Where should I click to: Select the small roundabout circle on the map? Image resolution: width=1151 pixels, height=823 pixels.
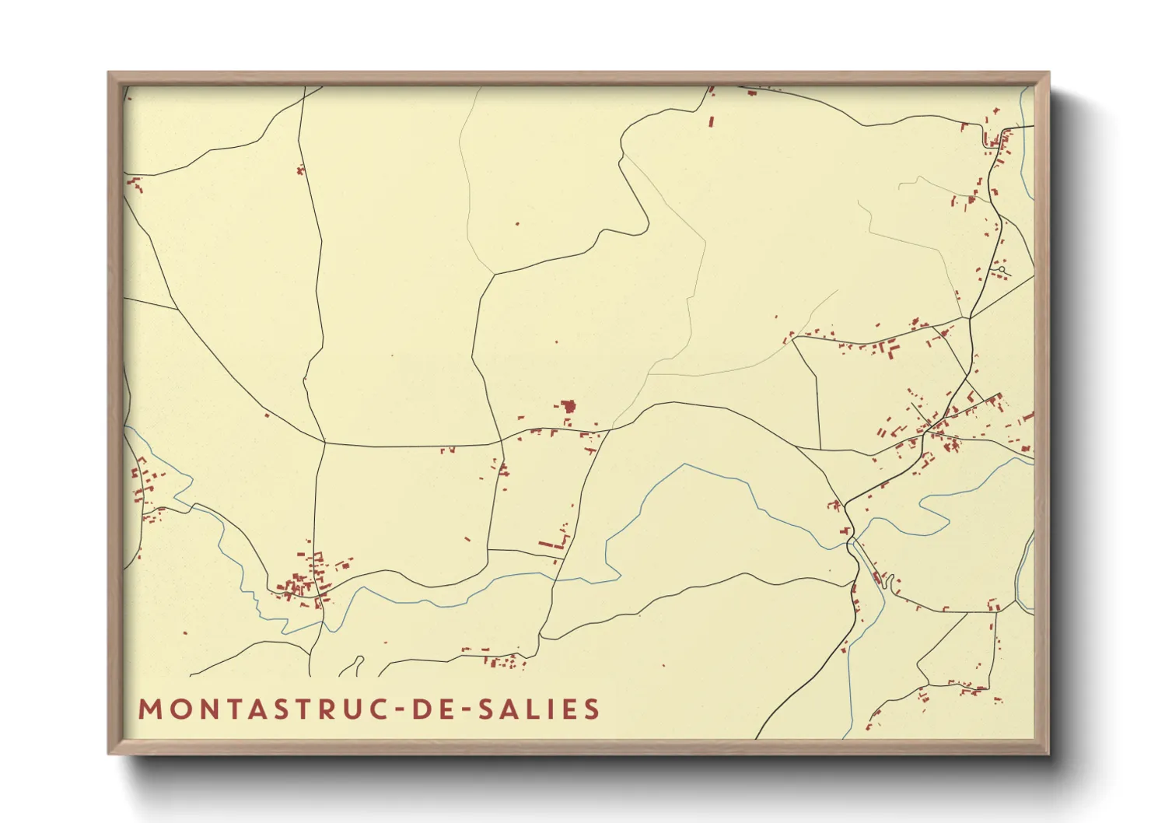(1002, 270)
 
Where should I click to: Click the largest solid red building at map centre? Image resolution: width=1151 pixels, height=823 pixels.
(569, 406)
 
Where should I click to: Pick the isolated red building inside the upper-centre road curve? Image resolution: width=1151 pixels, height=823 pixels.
(518, 224)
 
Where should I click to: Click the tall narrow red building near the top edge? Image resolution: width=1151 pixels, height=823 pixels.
(712, 121)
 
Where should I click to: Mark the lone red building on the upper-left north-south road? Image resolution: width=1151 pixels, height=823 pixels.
(300, 170)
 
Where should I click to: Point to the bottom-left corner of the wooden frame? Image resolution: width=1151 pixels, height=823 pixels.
(110, 753)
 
